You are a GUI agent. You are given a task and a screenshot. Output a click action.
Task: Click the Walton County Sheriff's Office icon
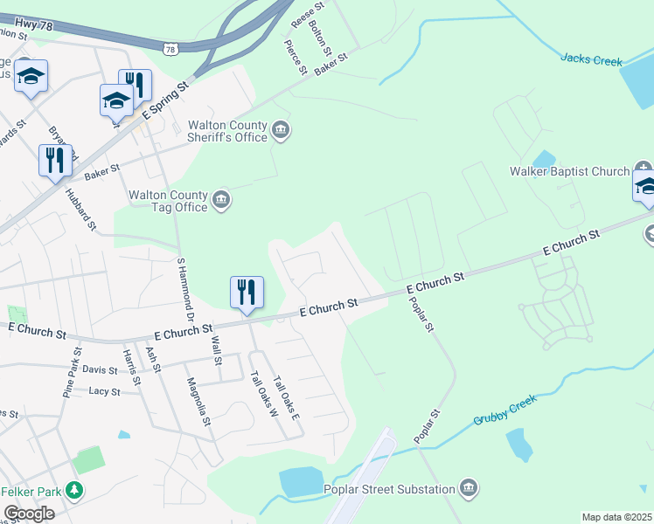tap(281, 132)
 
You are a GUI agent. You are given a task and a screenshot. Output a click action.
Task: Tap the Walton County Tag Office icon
tap(221, 200)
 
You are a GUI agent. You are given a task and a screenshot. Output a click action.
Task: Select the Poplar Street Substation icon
tap(469, 486)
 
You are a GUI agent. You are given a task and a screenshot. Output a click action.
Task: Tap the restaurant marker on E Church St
tap(247, 292)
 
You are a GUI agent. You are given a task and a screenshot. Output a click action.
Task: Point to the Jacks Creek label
tap(591, 60)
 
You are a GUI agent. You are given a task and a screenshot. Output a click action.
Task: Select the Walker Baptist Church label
tap(570, 171)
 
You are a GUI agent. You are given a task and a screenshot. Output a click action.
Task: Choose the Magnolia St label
tap(199, 401)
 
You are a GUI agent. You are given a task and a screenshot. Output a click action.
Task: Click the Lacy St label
tap(104, 391)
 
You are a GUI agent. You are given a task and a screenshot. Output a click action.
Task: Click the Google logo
tap(29, 514)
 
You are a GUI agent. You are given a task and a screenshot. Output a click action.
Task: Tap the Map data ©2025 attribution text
tap(616, 517)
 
